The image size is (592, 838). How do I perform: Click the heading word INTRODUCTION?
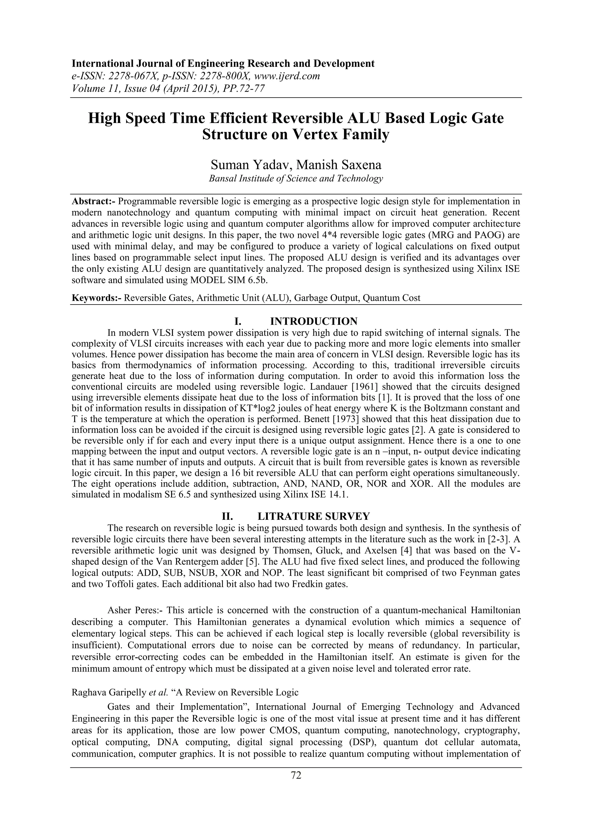click(314, 321)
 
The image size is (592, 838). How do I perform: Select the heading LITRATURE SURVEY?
click(314, 516)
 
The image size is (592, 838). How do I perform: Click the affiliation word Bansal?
click(221, 179)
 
